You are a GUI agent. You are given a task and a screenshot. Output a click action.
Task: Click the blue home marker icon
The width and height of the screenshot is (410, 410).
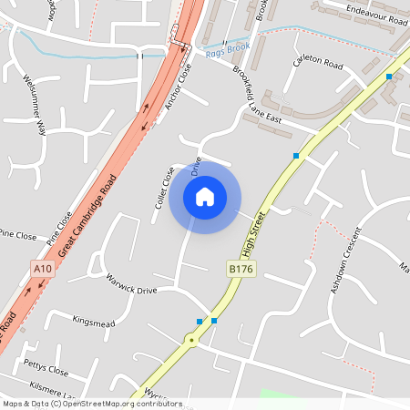[205, 197]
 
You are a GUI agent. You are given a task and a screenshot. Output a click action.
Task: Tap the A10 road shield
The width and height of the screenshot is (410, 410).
[43, 269]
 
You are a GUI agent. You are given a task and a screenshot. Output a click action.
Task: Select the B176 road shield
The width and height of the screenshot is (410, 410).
[239, 269]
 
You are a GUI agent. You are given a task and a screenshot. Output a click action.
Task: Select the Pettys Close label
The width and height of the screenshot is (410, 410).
[46, 371]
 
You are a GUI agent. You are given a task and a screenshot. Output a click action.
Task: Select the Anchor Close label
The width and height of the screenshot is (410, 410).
[179, 87]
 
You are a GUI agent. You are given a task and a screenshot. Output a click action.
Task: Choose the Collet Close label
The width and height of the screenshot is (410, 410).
[164, 188]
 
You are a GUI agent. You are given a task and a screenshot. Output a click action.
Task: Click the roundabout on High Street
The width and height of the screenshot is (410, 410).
[191, 341]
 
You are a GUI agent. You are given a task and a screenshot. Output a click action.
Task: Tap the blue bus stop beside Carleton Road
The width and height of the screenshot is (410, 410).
[389, 77]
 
